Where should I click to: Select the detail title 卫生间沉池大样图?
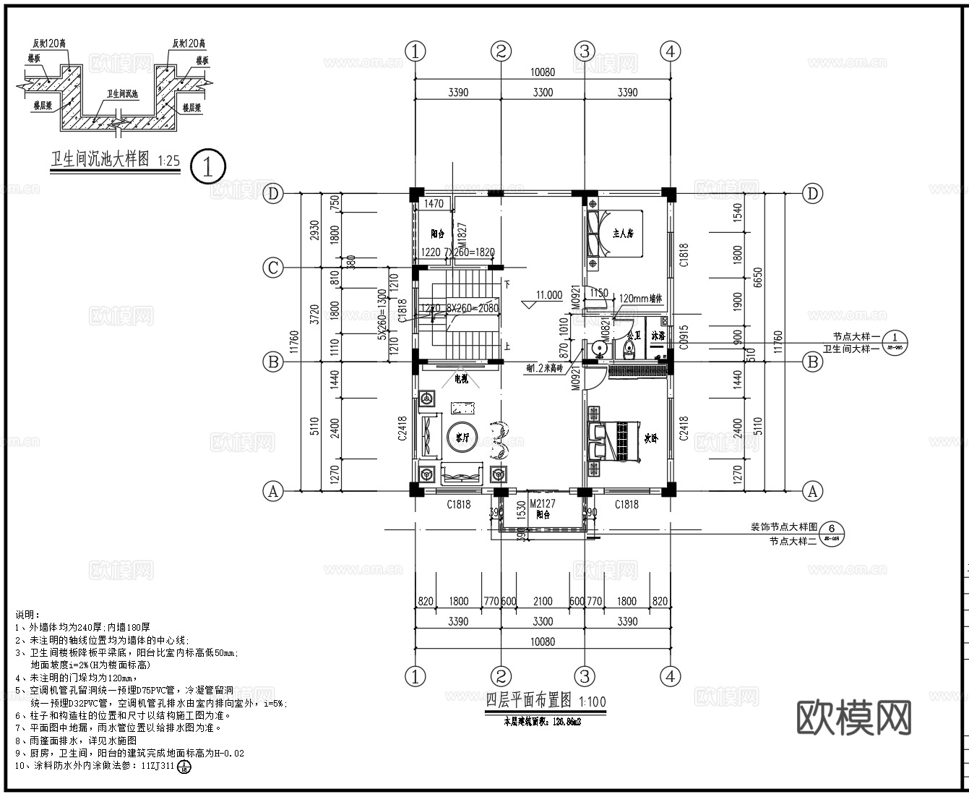point(99,159)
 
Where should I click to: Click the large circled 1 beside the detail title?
point(208,166)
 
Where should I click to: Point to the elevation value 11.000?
point(548,295)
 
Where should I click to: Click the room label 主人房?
point(623,234)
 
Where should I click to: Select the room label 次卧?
point(651,438)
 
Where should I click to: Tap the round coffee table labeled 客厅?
point(457,436)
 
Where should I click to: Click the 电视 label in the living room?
point(460,379)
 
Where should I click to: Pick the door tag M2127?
point(542,503)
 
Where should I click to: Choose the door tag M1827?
point(460,234)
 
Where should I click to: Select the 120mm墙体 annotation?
point(642,298)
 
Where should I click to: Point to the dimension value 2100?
point(542,601)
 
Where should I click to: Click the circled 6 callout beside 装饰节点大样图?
point(831,534)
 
